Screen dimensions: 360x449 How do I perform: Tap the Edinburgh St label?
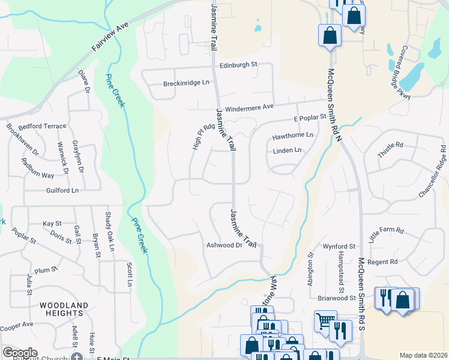tap(238, 64)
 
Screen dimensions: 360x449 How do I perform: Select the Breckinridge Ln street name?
tap(187, 83)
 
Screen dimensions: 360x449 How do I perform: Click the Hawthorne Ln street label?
tap(293, 136)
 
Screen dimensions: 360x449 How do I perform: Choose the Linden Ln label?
tap(287, 151)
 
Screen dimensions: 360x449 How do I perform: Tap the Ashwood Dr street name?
tap(224, 245)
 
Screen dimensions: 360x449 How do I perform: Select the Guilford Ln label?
tap(62, 190)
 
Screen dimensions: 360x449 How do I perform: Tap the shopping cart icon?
tap(325, 321)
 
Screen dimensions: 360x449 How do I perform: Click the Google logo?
tap(20, 353)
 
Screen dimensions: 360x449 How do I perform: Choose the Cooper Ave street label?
tap(16, 328)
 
